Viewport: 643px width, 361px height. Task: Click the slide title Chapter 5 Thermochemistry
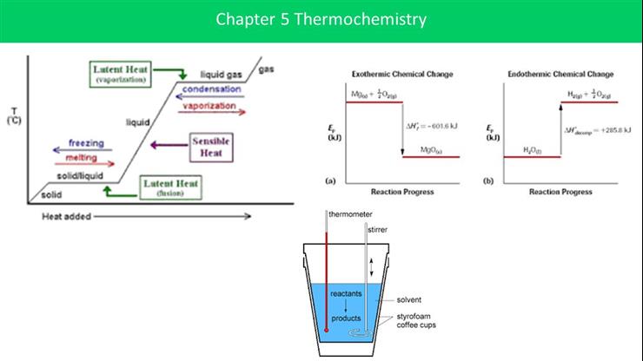[321, 18]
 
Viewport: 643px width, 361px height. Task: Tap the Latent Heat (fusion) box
[169, 187]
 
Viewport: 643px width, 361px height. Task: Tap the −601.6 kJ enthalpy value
[432, 127]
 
